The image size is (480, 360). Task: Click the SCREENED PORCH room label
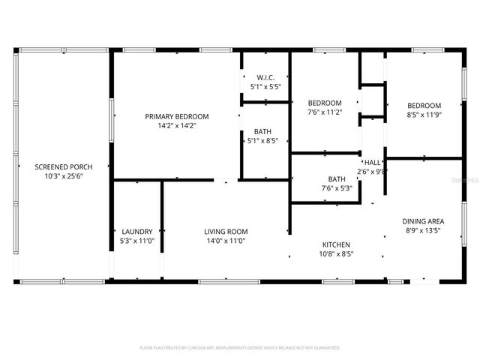(63, 166)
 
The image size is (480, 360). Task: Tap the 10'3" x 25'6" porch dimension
(63, 175)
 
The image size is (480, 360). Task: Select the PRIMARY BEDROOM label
(177, 116)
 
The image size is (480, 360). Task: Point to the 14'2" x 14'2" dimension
(177, 126)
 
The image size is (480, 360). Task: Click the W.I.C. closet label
(265, 77)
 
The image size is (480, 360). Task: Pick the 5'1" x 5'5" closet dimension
(265, 87)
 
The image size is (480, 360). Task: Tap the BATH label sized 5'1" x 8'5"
(262, 131)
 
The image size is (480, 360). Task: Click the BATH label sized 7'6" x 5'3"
(337, 178)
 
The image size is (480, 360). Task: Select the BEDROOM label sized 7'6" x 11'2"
(325, 103)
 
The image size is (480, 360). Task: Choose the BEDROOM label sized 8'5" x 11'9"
(424, 105)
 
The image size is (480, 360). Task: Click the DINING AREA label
(423, 220)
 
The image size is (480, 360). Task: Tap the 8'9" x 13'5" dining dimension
(423, 230)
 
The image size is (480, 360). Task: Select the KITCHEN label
(337, 244)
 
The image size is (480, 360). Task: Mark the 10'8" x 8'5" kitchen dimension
(337, 254)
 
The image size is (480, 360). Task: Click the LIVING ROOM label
(226, 231)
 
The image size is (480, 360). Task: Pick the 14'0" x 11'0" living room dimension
(226, 241)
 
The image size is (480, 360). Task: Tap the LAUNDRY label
(137, 231)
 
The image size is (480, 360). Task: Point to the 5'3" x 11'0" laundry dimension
(137, 241)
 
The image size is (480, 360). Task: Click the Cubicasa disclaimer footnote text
(240, 348)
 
